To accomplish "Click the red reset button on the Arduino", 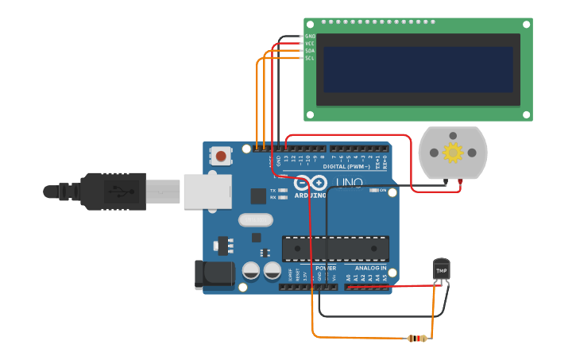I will click(221, 156).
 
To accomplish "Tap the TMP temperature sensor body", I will click(441, 269).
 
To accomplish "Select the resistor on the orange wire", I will click(416, 339).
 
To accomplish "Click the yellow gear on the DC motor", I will click(453, 152).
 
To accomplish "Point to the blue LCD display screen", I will click(418, 69).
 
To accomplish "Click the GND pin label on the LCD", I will click(310, 36).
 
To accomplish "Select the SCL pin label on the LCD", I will click(310, 58).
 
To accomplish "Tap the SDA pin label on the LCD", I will click(310, 51).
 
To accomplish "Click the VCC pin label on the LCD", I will click(310, 43).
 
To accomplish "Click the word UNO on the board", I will click(349, 184).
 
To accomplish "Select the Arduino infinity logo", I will click(311, 182).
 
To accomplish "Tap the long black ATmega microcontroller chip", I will click(335, 249).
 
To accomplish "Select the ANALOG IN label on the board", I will click(370, 268).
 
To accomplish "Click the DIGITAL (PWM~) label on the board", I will click(346, 166).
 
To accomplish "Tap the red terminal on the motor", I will click(459, 182).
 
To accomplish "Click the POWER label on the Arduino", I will click(325, 268).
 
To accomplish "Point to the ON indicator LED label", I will click(383, 191).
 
